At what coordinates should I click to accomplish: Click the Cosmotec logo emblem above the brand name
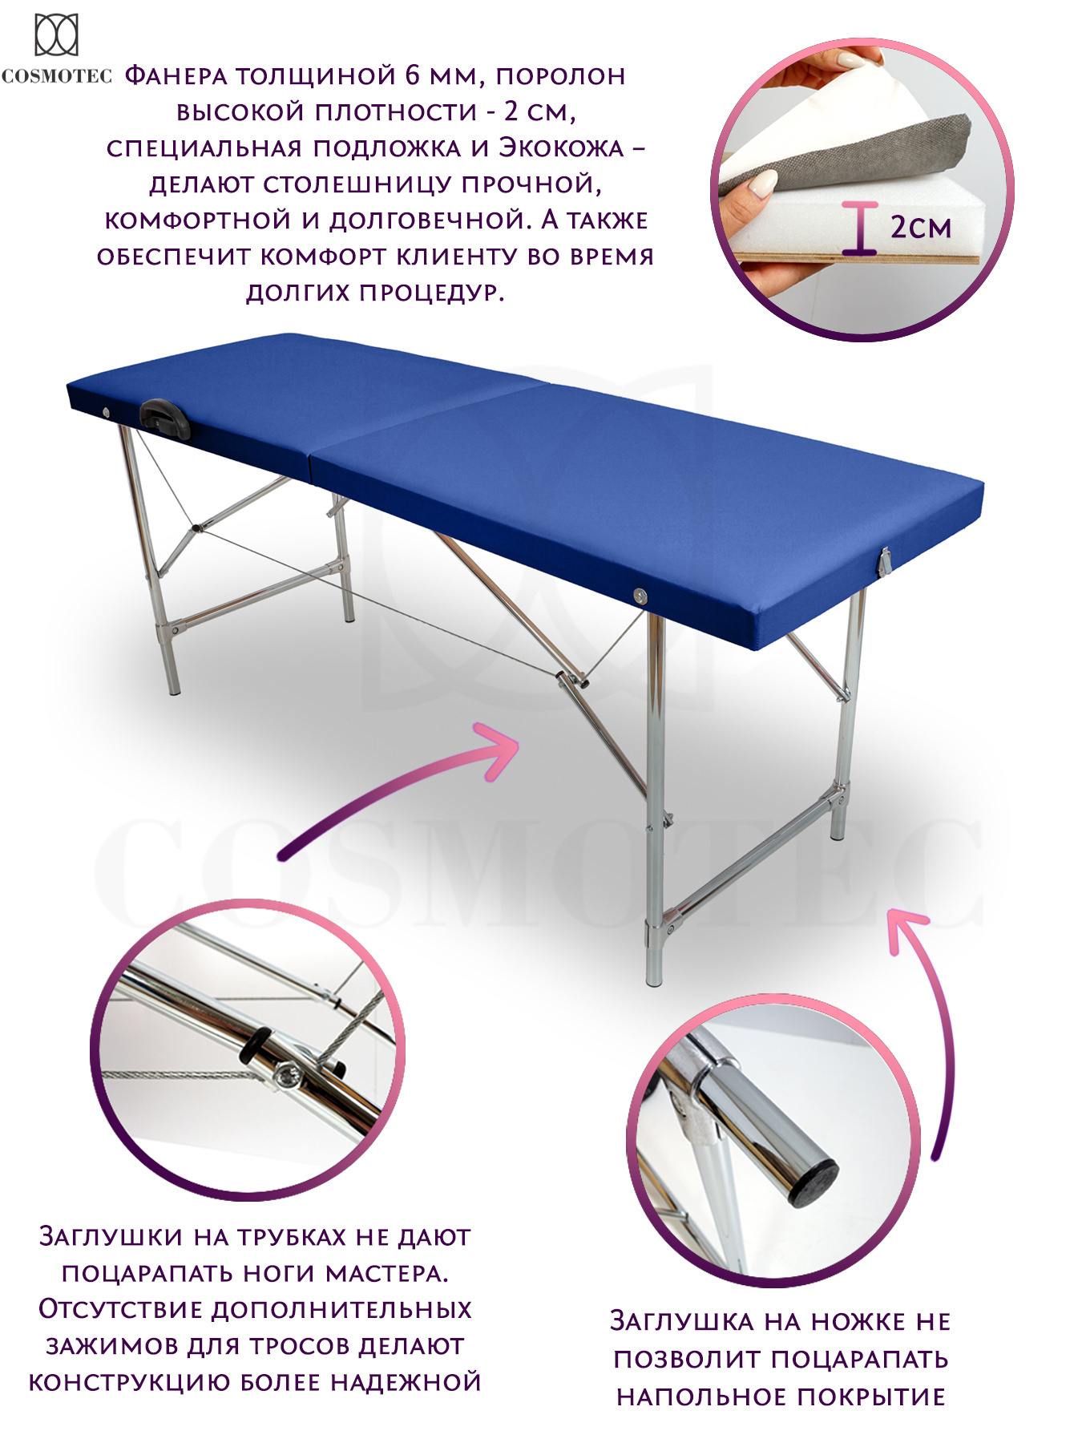56,35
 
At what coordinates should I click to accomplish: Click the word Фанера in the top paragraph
176,76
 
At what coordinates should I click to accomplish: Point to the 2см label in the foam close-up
921,227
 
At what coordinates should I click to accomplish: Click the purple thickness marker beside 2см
860,228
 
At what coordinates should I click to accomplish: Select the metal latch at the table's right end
884,560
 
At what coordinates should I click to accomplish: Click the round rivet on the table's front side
639,595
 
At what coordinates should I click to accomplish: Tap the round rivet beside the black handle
107,411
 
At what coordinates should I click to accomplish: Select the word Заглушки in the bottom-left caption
111,1237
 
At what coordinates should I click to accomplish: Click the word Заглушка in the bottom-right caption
680,1320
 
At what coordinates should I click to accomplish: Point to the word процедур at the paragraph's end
430,293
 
